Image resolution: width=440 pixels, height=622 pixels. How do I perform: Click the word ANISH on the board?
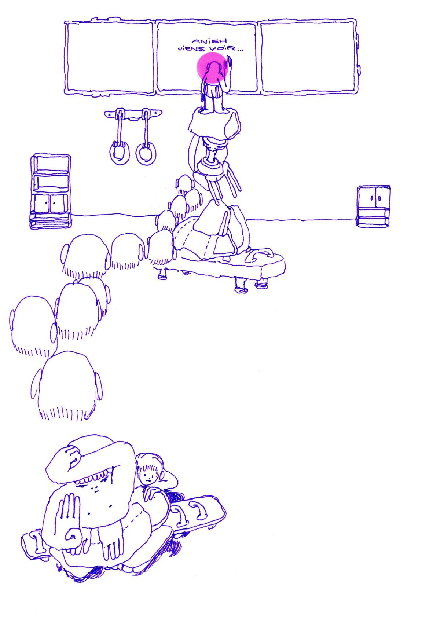(209, 41)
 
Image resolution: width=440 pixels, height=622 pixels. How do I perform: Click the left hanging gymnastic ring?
(119, 153)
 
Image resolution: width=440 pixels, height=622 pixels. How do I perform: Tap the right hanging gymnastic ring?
(146, 153)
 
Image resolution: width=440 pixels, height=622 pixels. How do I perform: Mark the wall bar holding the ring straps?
(133, 114)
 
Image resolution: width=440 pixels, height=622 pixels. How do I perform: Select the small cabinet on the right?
(374, 206)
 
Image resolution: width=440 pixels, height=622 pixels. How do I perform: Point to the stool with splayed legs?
(216, 174)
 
